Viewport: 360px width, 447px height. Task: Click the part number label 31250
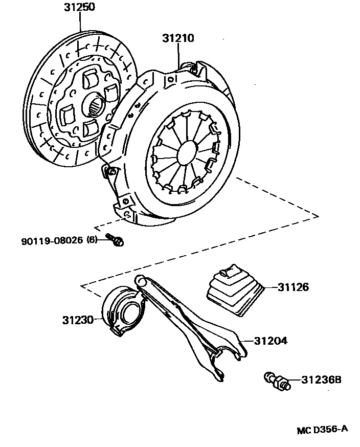tap(79, 7)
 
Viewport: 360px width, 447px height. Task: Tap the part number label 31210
tap(178, 38)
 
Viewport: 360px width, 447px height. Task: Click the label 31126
tap(293, 287)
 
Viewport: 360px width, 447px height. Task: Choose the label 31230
tap(78, 320)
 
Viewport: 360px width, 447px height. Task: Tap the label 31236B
tap(321, 380)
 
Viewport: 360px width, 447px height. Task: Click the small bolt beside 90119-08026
tap(116, 240)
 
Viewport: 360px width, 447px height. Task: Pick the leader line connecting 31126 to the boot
tap(269, 287)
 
